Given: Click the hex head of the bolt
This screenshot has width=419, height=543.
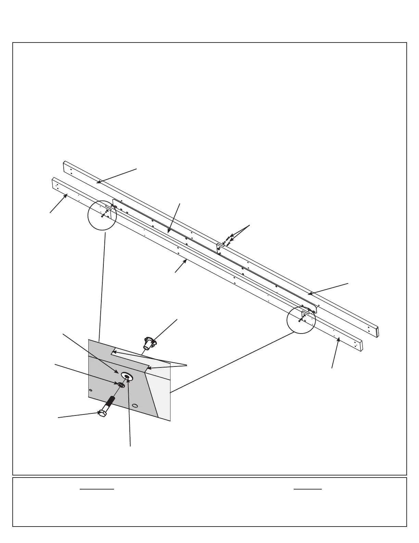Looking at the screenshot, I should tap(102, 413).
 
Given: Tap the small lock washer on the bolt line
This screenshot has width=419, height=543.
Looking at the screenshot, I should tap(121, 385).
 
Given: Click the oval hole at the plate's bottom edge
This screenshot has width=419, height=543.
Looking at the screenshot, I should tap(135, 406).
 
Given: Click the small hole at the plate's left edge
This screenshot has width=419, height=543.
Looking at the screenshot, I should tap(90, 390).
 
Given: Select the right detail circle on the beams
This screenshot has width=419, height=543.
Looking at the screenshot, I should tap(301, 319).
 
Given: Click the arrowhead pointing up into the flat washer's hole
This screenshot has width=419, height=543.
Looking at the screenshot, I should tap(127, 378).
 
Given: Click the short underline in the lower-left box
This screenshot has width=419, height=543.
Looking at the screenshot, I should tap(97, 489).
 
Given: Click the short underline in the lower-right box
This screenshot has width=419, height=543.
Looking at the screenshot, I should tap(308, 489).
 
